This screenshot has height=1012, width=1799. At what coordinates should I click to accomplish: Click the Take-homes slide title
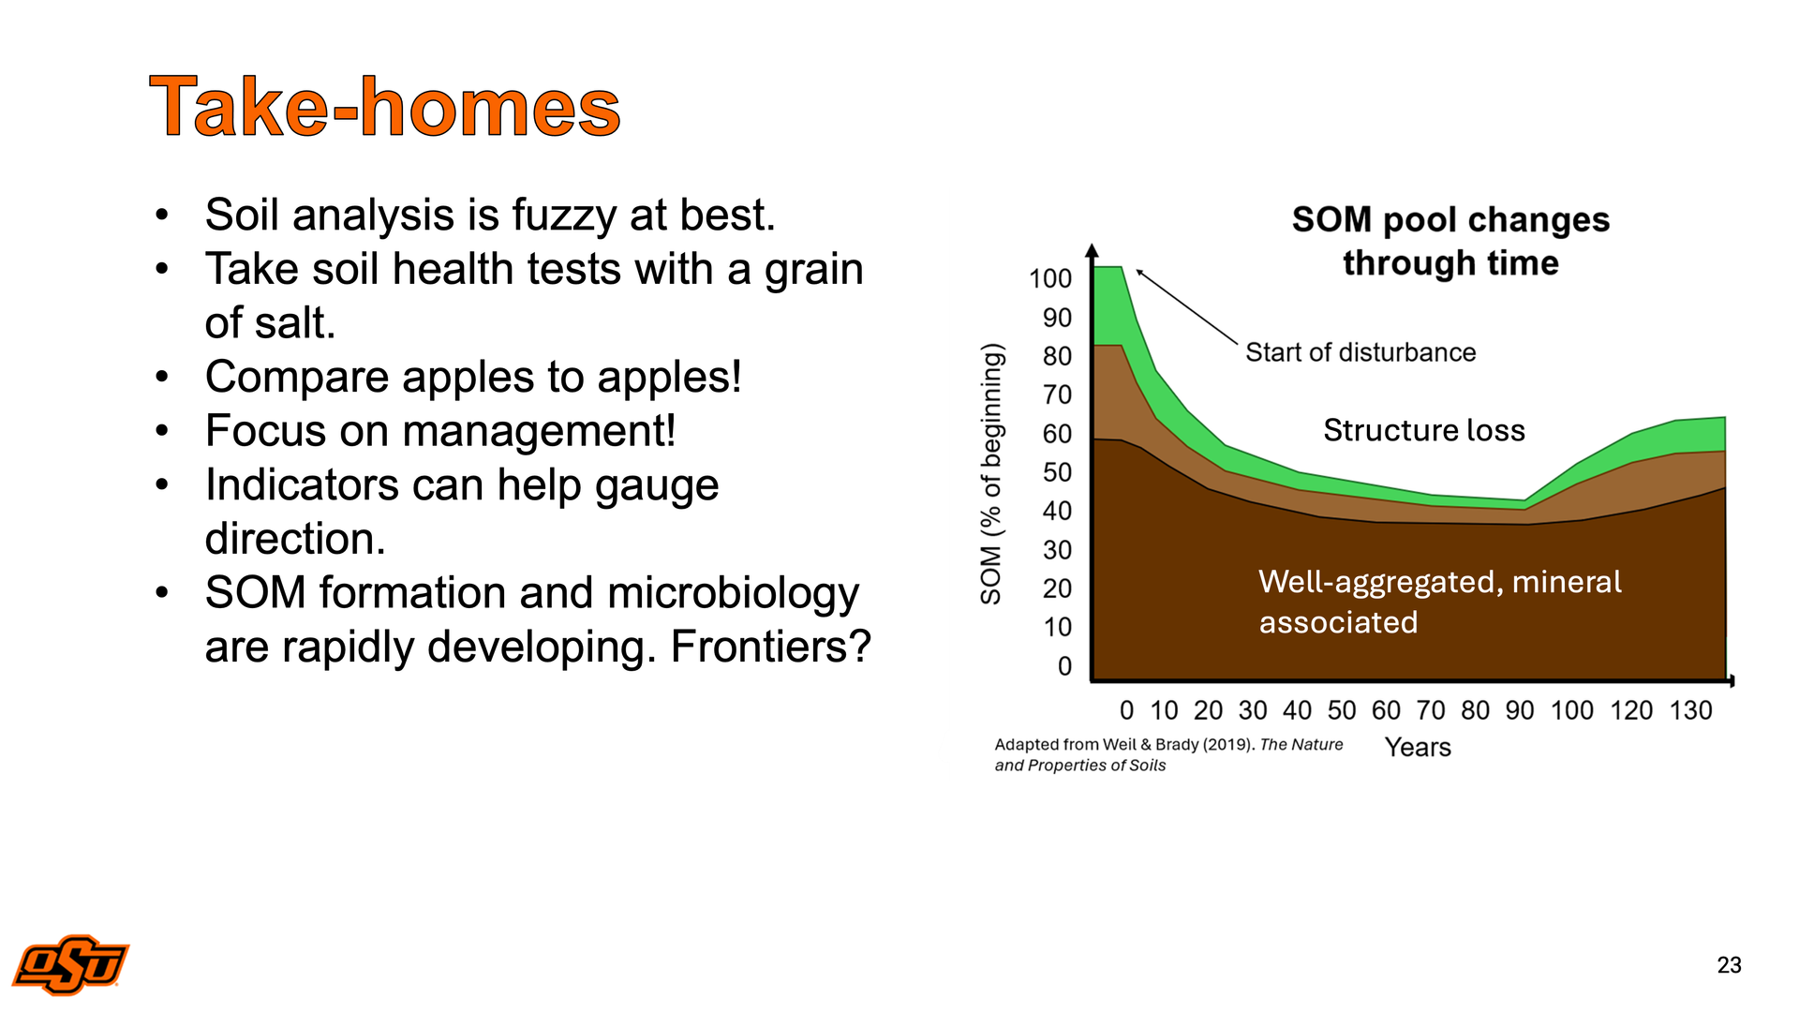385,107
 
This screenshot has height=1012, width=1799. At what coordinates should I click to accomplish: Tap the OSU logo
71,964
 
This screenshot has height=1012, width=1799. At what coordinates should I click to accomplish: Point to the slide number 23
1729,965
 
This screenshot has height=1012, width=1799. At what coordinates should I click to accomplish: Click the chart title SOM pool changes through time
1450,241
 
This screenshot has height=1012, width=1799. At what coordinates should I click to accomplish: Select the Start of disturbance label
1360,352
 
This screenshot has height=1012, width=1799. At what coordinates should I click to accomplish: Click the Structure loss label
1424,430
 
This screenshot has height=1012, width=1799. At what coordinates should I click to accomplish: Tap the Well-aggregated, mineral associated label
1439,602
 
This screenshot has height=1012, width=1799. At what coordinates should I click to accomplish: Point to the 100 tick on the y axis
1050,278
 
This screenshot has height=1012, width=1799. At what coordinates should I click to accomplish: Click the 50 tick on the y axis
1058,472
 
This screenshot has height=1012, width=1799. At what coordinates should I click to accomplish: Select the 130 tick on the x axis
1690,710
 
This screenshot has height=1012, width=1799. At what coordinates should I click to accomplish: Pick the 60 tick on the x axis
1386,710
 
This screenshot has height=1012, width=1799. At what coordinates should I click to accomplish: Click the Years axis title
1418,748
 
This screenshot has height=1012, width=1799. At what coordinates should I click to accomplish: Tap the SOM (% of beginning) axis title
991,473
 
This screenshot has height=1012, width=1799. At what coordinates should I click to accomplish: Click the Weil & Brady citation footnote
1168,754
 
